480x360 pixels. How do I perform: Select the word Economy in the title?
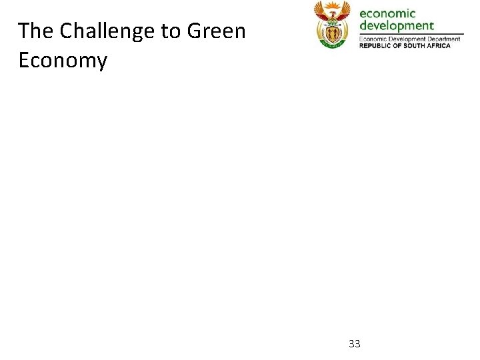coord(63,61)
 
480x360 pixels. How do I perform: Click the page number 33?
coord(355,344)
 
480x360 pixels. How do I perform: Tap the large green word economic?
coord(387,13)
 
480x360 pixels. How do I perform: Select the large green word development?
coord(397,26)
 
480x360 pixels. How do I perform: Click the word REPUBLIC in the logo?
coord(374,45)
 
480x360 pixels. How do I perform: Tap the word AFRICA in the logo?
coord(439,45)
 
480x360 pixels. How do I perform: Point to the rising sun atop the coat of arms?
coord(332,5)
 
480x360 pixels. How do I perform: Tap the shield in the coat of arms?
coord(332,31)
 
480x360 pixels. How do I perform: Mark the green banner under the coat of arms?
coord(332,44)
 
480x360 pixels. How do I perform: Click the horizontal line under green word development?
coord(411,34)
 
